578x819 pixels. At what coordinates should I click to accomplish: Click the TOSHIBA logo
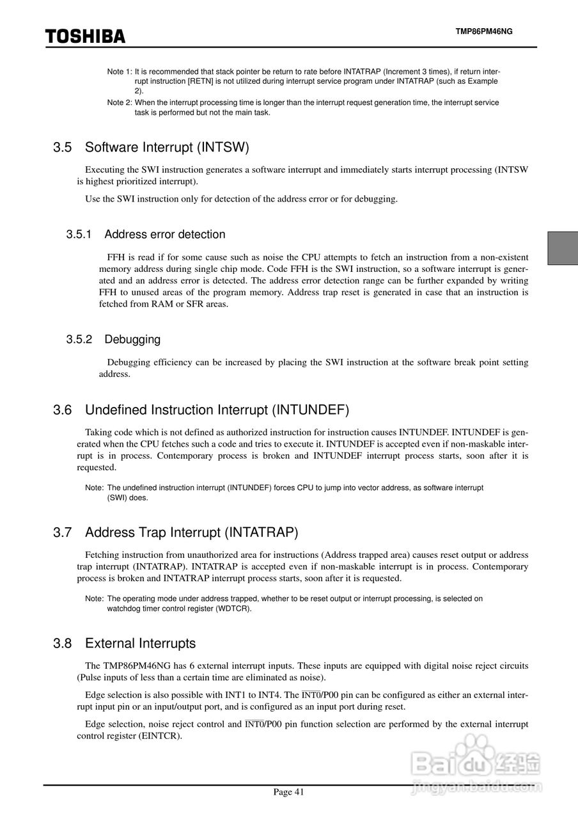[85, 36]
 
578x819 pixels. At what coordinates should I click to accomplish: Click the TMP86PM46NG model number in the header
[484, 31]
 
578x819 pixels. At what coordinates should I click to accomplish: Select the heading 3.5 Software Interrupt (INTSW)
[151, 147]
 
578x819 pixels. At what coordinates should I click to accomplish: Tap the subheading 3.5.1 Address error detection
[146, 234]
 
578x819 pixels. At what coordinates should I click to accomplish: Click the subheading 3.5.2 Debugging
[113, 339]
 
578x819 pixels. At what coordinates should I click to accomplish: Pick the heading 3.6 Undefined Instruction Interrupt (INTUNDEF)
[201, 409]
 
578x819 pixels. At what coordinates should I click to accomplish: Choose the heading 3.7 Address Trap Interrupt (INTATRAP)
[176, 532]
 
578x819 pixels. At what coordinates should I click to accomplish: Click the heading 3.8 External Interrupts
[125, 643]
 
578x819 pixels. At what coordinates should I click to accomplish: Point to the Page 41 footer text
[289, 792]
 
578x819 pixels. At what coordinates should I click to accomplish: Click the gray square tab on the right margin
[563, 248]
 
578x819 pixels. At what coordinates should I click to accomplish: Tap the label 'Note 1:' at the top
[120, 71]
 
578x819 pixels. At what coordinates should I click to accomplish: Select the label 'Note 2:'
[120, 102]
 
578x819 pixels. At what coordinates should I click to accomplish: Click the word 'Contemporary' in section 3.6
[183, 456]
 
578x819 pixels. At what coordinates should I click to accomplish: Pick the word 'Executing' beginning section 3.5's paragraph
[104, 170]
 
